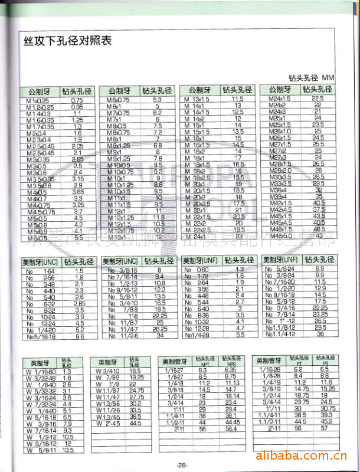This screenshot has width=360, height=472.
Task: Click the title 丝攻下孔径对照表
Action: tap(67, 41)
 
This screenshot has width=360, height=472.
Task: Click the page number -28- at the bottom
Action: tap(181, 465)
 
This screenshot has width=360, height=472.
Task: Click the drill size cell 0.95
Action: tap(77, 107)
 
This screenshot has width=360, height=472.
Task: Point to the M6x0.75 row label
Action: tap(118, 100)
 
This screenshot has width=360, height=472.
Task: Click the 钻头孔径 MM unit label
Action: tap(311, 78)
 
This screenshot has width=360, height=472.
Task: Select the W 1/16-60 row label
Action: tap(40, 372)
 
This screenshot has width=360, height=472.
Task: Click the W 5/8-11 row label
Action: tap(40, 450)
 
